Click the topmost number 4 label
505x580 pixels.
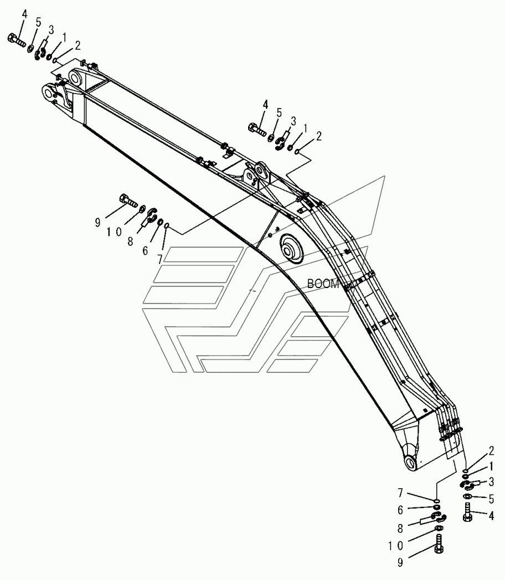point(24,14)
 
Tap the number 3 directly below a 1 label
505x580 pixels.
point(492,481)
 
